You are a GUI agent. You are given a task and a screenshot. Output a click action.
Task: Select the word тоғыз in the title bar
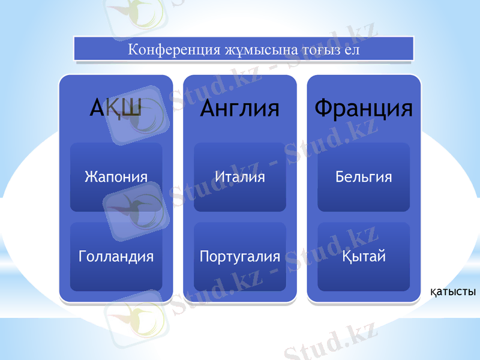[301, 49]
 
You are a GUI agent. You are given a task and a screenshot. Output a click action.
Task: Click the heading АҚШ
[116, 109]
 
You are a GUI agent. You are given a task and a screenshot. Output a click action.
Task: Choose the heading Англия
[240, 109]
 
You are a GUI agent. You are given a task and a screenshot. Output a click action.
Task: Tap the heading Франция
[364, 109]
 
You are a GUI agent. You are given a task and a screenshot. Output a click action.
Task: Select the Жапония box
[116, 177]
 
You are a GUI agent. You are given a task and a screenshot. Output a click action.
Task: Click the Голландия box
[116, 257]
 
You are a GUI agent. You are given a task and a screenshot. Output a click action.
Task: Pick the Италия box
[240, 177]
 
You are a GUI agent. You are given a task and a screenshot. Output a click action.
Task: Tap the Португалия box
[240, 257]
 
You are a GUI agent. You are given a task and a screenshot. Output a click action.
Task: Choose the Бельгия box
[364, 177]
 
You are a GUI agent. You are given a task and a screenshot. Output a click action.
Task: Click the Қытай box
[364, 257]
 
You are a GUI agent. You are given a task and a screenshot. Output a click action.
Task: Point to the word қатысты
[453, 293]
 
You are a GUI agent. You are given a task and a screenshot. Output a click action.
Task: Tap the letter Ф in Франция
[325, 109]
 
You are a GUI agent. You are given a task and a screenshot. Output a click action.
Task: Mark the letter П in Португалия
[204, 257]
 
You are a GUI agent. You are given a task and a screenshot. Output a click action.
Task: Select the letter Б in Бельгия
[340, 177]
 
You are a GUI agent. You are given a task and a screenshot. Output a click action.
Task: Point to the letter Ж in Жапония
[90, 177]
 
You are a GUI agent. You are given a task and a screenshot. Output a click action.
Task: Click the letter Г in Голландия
[82, 257]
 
